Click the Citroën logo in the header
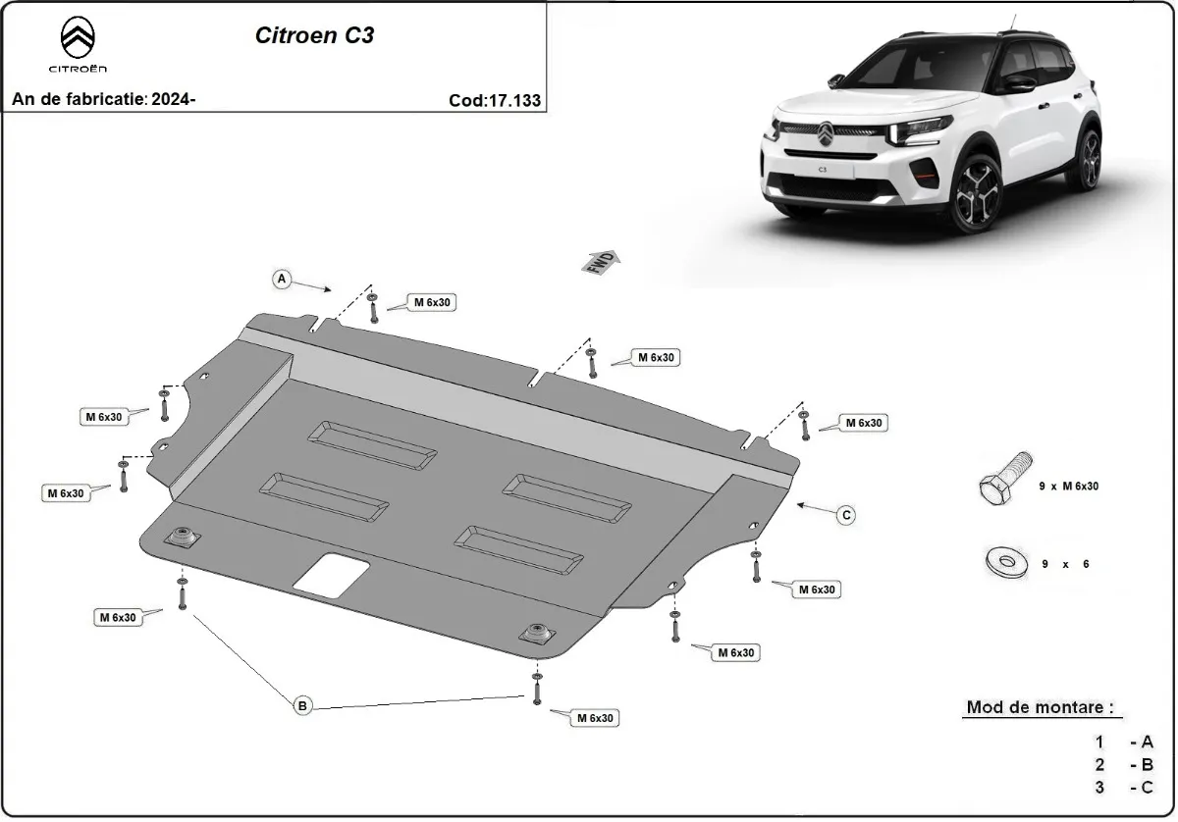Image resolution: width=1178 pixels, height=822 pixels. click(79, 44)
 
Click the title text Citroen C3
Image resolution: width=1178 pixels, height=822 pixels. click(314, 36)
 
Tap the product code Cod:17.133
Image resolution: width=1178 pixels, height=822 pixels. click(494, 100)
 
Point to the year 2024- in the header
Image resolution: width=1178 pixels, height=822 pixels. click(174, 99)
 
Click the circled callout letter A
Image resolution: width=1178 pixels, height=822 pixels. click(282, 280)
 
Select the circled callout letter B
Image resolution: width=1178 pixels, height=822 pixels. click(302, 704)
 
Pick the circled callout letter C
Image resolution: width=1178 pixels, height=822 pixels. click(845, 514)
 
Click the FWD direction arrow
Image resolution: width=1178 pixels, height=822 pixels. click(602, 262)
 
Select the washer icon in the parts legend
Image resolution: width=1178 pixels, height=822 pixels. click(1002, 563)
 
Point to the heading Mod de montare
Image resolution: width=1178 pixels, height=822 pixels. click(1040, 706)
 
